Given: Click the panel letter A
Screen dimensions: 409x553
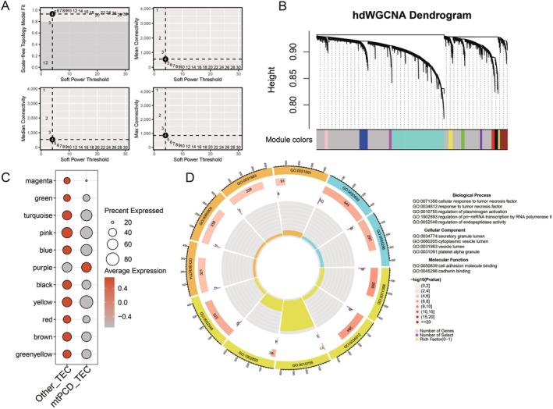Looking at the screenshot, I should click(5, 6).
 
